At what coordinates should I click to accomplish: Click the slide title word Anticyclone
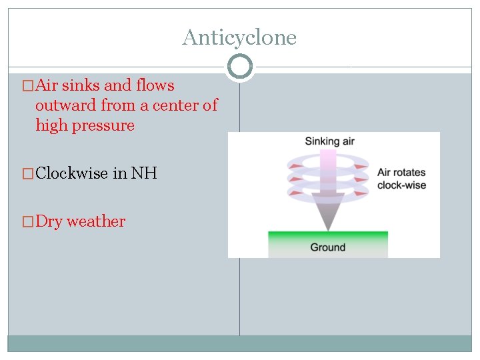click(x=239, y=37)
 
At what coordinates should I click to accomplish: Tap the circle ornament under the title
click(x=239, y=67)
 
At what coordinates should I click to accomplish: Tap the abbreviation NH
click(x=144, y=173)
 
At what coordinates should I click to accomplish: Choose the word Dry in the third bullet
click(x=49, y=221)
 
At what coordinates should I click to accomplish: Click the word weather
click(x=96, y=221)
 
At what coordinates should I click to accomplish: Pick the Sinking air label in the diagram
click(x=330, y=141)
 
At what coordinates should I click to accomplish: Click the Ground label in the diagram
click(x=328, y=247)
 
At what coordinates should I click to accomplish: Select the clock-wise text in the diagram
click(x=401, y=185)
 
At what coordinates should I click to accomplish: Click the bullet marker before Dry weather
click(x=28, y=221)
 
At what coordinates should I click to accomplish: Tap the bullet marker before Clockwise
click(x=28, y=173)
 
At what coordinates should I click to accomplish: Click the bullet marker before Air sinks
click(x=28, y=85)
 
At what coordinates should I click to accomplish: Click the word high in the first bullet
click(x=50, y=126)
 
